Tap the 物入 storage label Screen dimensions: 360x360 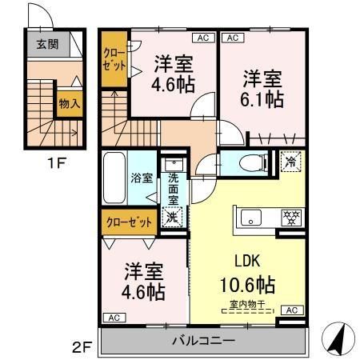[68, 103]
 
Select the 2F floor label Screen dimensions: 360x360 [81, 347]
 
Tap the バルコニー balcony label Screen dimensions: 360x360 [203, 341]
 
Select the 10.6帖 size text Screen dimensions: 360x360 [247, 284]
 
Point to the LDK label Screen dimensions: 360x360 [247, 261]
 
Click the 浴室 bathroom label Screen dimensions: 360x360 [142, 178]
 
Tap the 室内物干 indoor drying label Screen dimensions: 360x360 [247, 303]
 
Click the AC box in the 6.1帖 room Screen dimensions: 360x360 [232, 38]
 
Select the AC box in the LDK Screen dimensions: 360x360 [291, 310]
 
